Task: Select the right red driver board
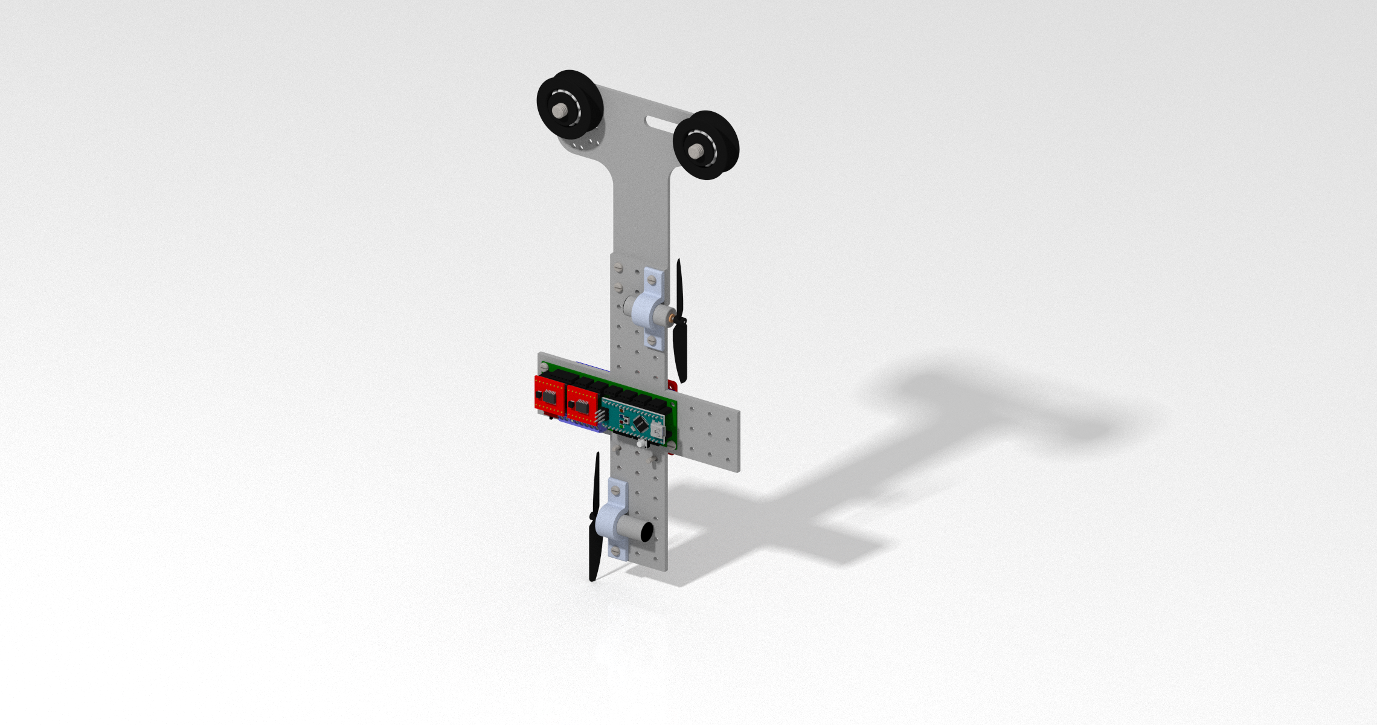tap(582, 406)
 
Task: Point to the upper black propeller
tap(681, 320)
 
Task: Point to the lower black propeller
tap(595, 517)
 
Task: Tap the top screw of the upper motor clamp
tap(652, 281)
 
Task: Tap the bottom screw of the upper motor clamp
tap(651, 341)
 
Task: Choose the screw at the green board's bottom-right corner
tap(672, 446)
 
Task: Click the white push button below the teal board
tap(639, 443)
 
